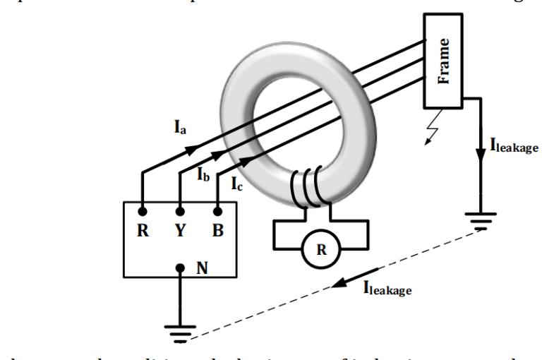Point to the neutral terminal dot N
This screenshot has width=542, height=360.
point(180,268)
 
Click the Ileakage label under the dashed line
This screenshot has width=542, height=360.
point(386,287)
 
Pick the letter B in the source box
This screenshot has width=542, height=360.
point(217,232)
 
